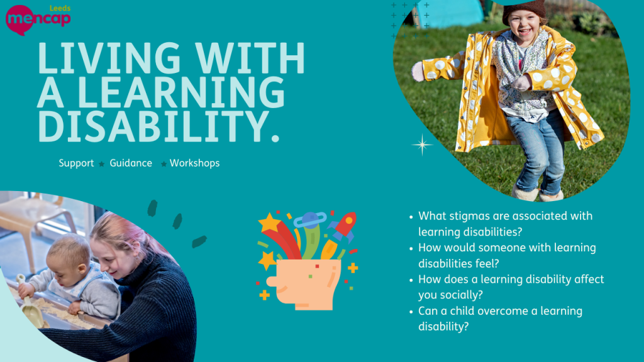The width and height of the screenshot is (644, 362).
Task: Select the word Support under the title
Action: (x=76, y=163)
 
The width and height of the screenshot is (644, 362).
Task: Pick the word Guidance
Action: (x=131, y=163)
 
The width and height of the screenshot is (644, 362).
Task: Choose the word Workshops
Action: (x=194, y=163)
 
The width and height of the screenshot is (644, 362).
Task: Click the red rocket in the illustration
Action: (x=344, y=226)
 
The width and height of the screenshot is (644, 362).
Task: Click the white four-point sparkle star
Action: (x=422, y=145)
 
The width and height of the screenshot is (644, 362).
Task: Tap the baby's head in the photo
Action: (x=68, y=251)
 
